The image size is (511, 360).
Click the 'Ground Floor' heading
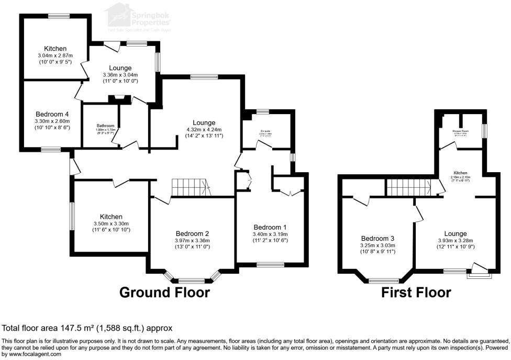pos(164,292)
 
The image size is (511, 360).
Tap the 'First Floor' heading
pos(416,292)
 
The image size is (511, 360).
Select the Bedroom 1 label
pos(271,227)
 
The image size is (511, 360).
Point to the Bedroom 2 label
pos(193,233)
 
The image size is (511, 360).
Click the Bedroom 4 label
pos(52,114)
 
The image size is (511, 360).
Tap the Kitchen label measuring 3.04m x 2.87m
pos(55,49)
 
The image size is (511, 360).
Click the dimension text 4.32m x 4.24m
pos(204,129)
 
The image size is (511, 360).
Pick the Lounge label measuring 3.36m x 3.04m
pos(120,68)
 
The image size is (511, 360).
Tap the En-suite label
pos(266,130)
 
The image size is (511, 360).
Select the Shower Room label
pos(461,131)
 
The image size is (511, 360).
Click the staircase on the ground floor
pos(190,187)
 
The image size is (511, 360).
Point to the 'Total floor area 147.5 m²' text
pos(87,328)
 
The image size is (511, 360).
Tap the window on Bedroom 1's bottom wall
pos(270,264)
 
